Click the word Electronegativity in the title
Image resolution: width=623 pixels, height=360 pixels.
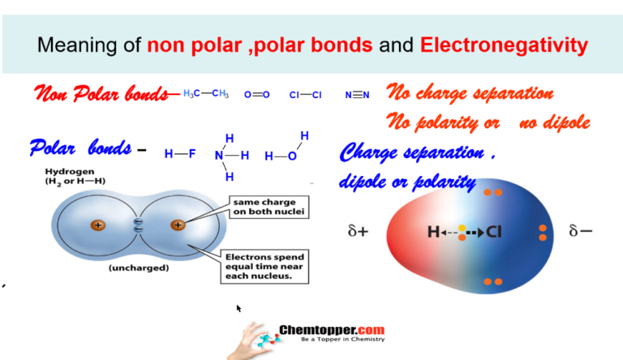[x=503, y=45]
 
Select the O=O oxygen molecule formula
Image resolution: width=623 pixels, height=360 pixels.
[x=257, y=95]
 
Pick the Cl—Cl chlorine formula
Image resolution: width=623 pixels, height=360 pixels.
[x=306, y=95]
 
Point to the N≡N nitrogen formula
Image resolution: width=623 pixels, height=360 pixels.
[x=357, y=95]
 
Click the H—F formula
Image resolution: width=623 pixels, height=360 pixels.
[x=180, y=154]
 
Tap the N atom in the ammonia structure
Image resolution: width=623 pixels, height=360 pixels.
[x=219, y=155]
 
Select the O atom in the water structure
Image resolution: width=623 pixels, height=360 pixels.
[x=291, y=155]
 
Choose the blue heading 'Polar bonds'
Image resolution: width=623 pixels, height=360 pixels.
[x=80, y=148]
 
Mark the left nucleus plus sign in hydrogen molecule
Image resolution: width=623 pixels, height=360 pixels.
[x=97, y=225]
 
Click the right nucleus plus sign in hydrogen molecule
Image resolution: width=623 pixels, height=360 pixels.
[x=178, y=225]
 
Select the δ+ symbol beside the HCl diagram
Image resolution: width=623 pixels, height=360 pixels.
[x=358, y=231]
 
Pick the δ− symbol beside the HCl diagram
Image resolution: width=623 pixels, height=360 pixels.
[x=580, y=231]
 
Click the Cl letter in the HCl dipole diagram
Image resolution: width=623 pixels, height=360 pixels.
[x=494, y=233]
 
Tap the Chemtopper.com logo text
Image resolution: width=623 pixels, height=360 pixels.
[x=332, y=331]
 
